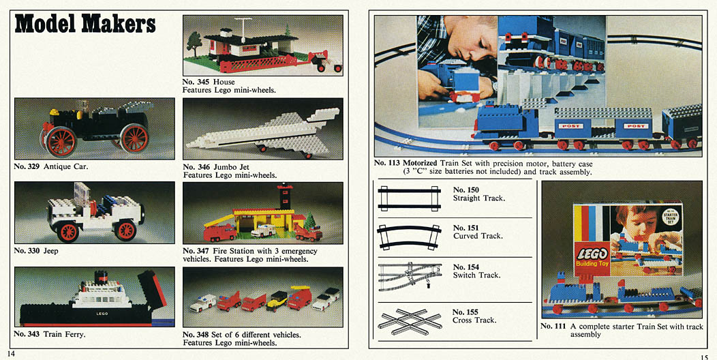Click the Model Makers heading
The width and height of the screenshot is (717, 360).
pos(85,24)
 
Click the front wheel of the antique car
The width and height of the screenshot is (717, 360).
pos(134,138)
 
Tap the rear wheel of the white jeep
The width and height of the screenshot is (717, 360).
pos(67,231)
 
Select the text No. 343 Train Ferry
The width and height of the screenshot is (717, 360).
pos(50,334)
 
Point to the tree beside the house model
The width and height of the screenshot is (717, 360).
pos(194,44)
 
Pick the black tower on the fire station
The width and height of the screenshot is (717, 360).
pos(284,196)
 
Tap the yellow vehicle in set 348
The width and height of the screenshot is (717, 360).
pos(277,301)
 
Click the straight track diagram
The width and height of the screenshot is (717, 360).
pos(409,198)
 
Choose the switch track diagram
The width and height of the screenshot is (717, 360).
pos(410,276)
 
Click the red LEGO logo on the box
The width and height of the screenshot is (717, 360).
pos(592,254)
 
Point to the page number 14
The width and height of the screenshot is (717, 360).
pos(11,354)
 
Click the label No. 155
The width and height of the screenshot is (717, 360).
pos(465,312)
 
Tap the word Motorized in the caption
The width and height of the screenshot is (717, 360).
pos(420,164)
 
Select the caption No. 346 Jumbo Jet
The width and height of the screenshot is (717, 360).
pos(216,167)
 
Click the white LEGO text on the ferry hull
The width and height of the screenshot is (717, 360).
pos(102,314)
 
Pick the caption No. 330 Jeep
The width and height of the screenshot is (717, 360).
pos(36,251)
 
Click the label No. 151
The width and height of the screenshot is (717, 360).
pos(466,228)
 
